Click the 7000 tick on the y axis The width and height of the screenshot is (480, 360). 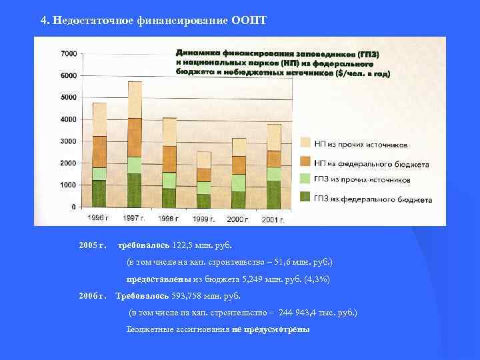pyautogui.click(x=68, y=53)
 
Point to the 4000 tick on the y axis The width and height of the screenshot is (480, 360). pyautogui.click(x=68, y=119)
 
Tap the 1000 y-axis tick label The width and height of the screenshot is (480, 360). pyautogui.click(x=68, y=185)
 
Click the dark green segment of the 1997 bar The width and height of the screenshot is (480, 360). pyautogui.click(x=135, y=191)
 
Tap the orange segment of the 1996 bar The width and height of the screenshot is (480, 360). pyautogui.click(x=99, y=151)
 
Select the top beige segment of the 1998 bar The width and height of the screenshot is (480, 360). pyautogui.click(x=169, y=131)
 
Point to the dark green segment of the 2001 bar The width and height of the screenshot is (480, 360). pyautogui.click(x=273, y=194)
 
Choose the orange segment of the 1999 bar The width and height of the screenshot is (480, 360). pyautogui.click(x=203, y=175)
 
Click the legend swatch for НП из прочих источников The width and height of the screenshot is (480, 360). pyautogui.click(x=305, y=143)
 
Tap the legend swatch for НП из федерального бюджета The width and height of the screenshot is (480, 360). pyautogui.click(x=305, y=162)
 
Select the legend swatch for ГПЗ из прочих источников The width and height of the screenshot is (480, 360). pyautogui.click(x=305, y=179)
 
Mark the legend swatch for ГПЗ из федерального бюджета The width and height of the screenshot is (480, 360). pyautogui.click(x=305, y=197)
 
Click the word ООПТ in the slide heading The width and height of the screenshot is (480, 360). pyautogui.click(x=249, y=20)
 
